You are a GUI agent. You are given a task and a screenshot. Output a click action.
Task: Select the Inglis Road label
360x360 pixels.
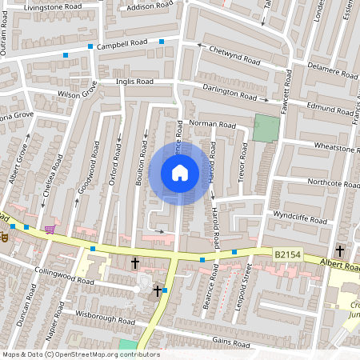[x=134, y=82]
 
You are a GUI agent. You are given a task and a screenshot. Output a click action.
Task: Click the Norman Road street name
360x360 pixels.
[x=212, y=125]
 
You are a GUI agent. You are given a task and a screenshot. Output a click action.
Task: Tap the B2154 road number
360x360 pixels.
[x=288, y=254]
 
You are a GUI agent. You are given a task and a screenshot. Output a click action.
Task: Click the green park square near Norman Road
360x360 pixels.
[x=267, y=128]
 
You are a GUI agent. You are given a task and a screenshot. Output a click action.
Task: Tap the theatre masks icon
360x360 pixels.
[x=4, y=238]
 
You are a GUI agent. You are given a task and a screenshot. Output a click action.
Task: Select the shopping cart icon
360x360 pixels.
[x=50, y=230]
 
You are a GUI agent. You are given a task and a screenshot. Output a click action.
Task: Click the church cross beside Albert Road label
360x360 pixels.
[x=340, y=250]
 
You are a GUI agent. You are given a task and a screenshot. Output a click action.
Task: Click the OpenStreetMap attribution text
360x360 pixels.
[x=80, y=354]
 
